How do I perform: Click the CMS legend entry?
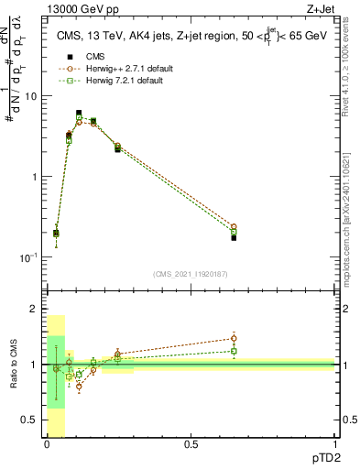click(x=83, y=57)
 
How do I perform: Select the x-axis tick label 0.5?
click(x=191, y=446)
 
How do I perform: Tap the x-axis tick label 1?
click(x=334, y=446)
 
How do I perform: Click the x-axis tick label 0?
click(x=47, y=446)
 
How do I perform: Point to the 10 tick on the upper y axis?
click(x=31, y=96)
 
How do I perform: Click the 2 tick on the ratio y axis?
click(x=34, y=310)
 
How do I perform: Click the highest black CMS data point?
click(x=79, y=114)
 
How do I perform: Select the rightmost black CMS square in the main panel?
click(x=234, y=237)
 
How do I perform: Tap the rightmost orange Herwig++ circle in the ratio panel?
click(x=234, y=338)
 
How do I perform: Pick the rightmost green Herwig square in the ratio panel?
click(x=234, y=351)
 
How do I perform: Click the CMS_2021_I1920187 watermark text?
click(x=190, y=273)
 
